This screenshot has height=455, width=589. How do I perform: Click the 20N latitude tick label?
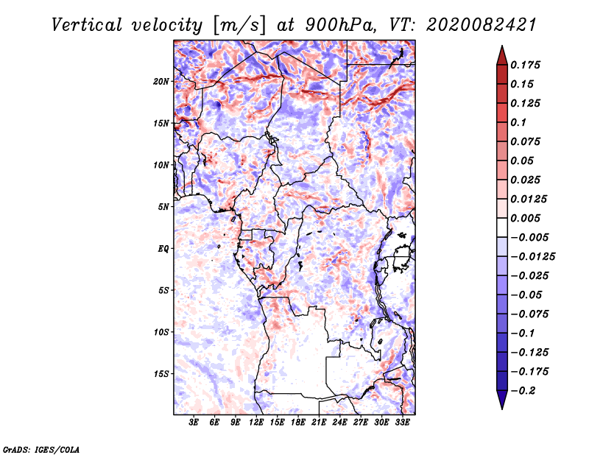161,82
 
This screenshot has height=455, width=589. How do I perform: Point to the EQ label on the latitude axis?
163,249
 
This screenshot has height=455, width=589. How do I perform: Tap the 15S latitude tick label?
161,374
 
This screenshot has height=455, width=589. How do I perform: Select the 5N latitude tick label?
163,207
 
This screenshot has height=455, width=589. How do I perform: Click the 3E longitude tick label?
194,423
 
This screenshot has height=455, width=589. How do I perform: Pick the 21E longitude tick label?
319,423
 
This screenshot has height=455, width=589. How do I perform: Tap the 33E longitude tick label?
402,423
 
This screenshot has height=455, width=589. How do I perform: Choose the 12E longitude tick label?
256,423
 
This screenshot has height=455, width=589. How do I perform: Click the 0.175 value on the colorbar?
525,65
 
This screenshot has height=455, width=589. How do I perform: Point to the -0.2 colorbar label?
523,391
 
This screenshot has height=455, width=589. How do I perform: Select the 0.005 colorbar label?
525,218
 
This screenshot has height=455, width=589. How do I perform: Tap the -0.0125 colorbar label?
532,257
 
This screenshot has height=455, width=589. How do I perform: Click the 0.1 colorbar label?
518,122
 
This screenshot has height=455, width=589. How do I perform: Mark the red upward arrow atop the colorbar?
502,56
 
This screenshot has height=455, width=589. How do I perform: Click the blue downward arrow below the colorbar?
502,400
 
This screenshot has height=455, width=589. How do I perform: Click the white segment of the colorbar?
502,227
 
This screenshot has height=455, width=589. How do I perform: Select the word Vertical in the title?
87,25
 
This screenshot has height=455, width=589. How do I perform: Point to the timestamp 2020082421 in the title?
482,25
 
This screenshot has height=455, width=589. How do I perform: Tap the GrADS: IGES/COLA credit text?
41,449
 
